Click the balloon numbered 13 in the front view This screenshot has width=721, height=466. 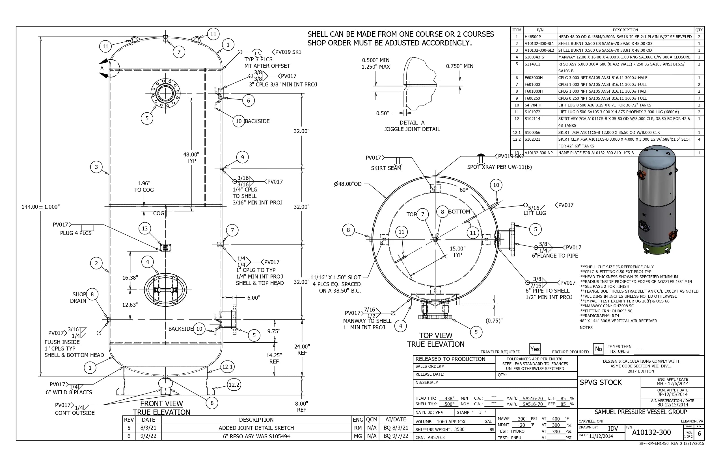pyautogui.click(x=145, y=228)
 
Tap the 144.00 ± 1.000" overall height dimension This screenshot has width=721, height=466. pyautogui.click(x=41, y=207)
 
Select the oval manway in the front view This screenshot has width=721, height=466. pyautogui.click(x=165, y=289)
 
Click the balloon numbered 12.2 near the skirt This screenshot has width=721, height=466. pyautogui.click(x=234, y=385)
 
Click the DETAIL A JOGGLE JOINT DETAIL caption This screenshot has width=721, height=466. pyautogui.click(x=412, y=126)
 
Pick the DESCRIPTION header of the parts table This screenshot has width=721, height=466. pyautogui.click(x=625, y=30)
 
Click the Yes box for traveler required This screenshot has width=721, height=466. pyautogui.click(x=535, y=349)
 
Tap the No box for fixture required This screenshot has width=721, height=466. pyautogui.click(x=598, y=349)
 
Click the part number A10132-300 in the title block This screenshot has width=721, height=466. pyautogui.click(x=651, y=432)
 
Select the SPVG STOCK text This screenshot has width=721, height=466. pyautogui.click(x=601, y=382)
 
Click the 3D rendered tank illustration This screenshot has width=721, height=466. pyautogui.click(x=657, y=200)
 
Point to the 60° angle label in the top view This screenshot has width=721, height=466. pyautogui.click(x=464, y=190)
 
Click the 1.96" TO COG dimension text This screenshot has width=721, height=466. pyautogui.click(x=144, y=187)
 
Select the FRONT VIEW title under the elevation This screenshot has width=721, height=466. pyautogui.click(x=161, y=404)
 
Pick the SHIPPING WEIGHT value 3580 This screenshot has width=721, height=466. pyautogui.click(x=459, y=429)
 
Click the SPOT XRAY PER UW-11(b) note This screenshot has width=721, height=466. pyautogui.click(x=499, y=167)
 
